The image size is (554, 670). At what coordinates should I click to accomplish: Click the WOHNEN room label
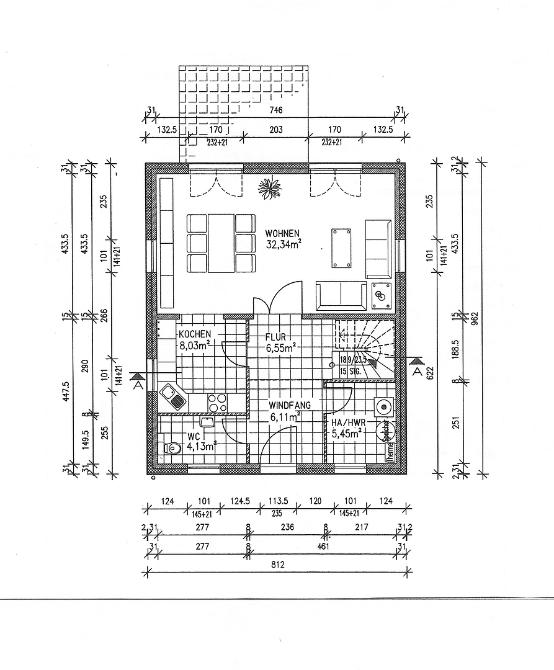(x=282, y=233)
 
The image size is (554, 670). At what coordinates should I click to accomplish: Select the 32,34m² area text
(x=283, y=244)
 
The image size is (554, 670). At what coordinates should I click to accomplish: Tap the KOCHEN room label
(x=194, y=334)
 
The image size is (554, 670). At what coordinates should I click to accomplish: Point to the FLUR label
(x=275, y=337)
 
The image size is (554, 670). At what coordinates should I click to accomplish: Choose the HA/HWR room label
(x=346, y=422)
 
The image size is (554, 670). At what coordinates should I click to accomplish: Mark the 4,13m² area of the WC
(x=200, y=445)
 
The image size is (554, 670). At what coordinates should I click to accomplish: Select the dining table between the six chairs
(x=221, y=243)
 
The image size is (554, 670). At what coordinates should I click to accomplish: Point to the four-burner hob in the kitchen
(x=217, y=403)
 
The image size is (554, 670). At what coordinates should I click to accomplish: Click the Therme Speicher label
(x=389, y=441)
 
